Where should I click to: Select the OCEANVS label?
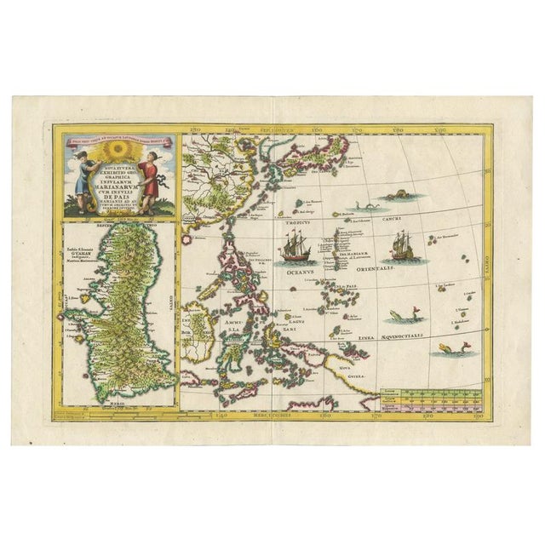(298, 272)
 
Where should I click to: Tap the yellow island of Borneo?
(203, 324)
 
